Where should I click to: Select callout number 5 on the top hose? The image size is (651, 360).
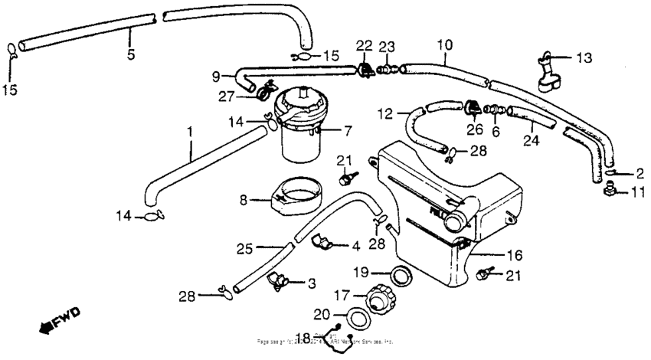pos(131,54)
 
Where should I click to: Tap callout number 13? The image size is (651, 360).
pos(584,57)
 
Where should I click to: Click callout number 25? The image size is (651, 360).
pos(244,248)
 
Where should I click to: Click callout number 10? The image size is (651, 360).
pos(445,45)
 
